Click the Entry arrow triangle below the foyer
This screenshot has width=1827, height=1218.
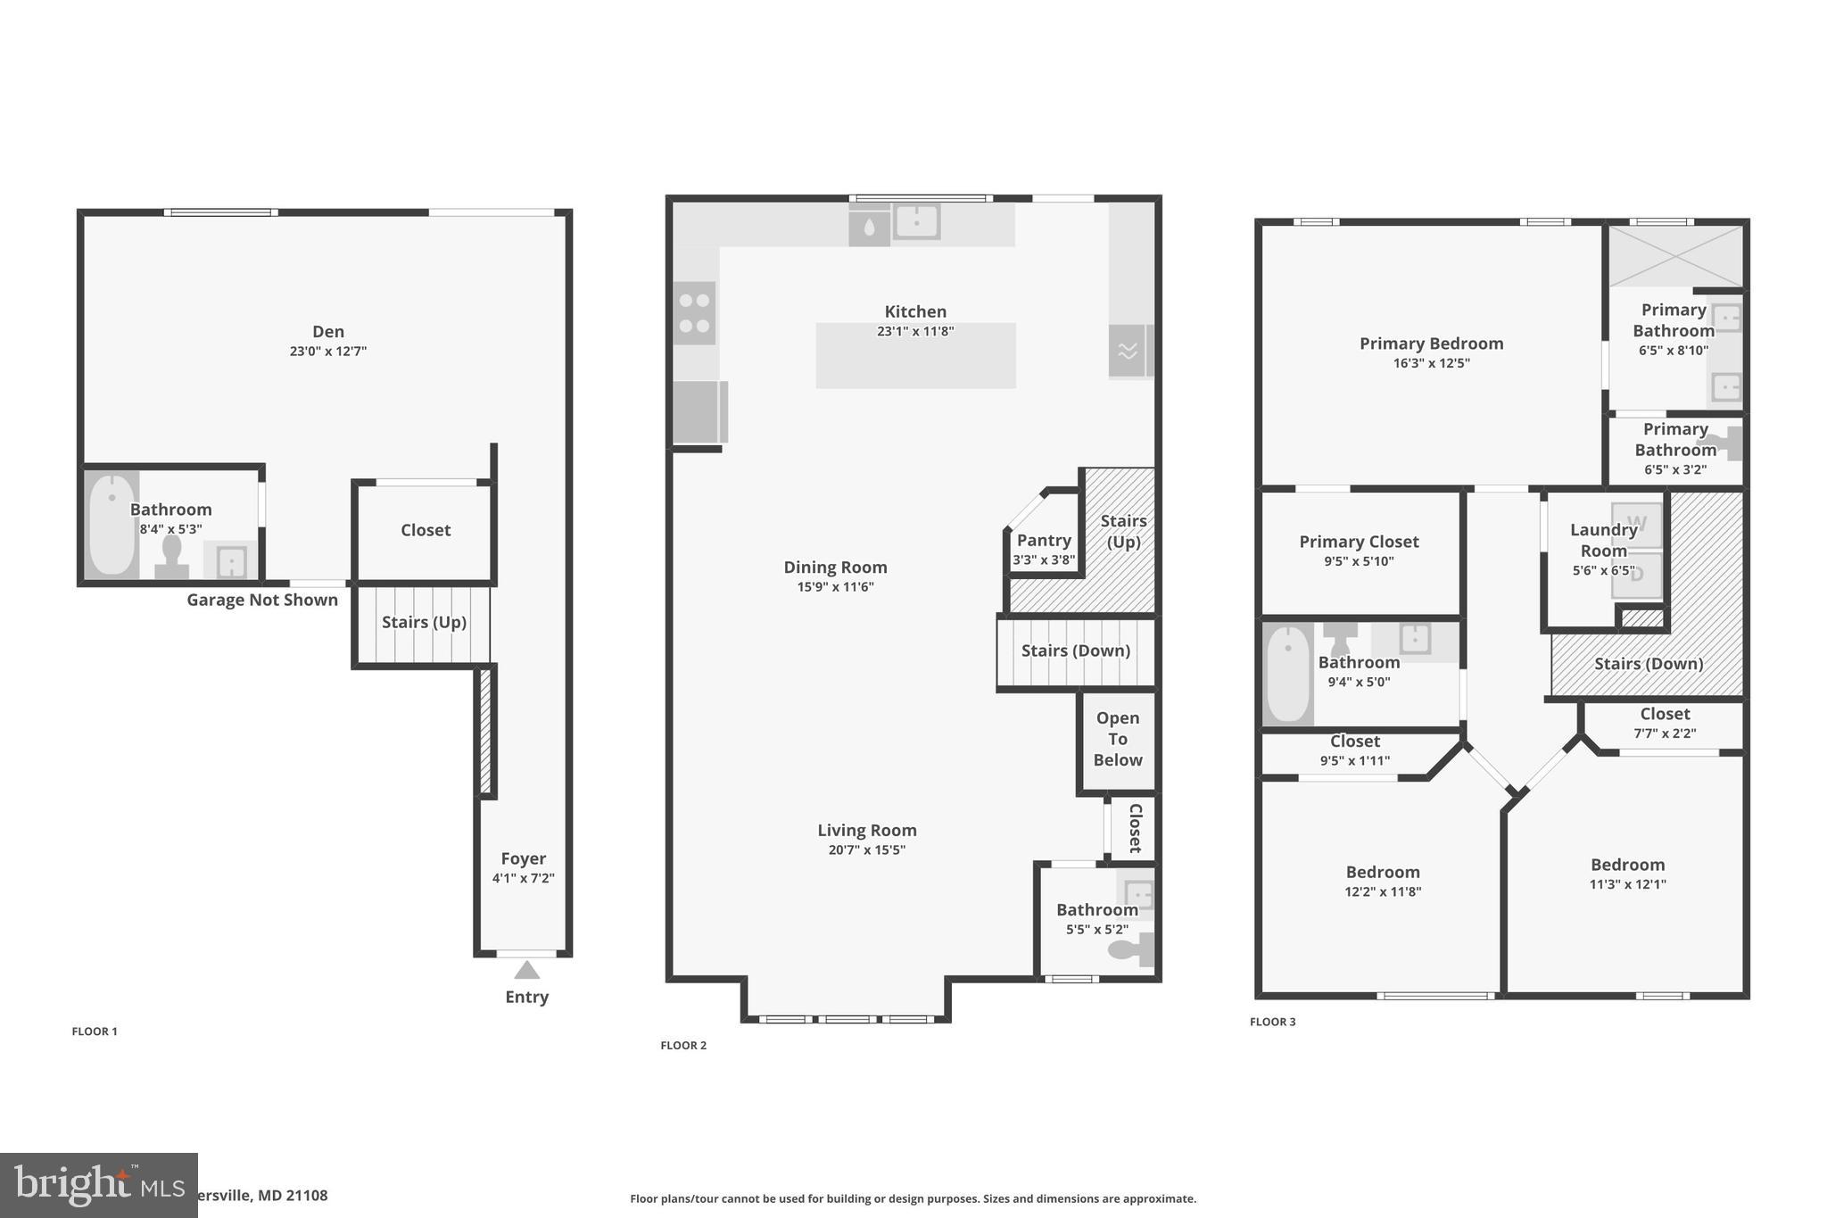[x=526, y=970]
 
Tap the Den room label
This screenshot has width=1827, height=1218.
[x=328, y=332]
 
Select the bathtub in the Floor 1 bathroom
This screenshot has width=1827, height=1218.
[x=112, y=526]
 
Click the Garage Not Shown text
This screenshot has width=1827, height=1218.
[x=261, y=601]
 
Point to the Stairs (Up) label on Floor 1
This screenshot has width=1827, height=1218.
[x=424, y=622]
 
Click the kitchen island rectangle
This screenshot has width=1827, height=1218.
[x=915, y=366]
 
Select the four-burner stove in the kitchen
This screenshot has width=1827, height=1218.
[x=694, y=313]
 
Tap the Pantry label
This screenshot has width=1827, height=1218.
[x=1044, y=541]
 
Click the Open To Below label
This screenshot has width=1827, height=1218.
[x=1117, y=739]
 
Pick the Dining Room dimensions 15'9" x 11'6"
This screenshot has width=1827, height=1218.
[x=835, y=587]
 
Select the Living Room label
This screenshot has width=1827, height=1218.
[x=866, y=831]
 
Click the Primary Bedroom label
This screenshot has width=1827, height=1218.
[x=1431, y=344]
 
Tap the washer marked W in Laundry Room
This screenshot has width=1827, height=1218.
[x=1636, y=524]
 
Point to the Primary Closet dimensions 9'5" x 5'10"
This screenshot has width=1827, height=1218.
[x=1359, y=561]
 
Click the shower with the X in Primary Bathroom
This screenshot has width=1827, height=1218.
[x=1675, y=256]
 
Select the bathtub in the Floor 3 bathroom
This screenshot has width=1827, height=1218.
[x=1286, y=675]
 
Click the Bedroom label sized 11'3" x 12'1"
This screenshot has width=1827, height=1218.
[x=1627, y=865]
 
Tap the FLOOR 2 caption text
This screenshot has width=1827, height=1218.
[x=683, y=1046]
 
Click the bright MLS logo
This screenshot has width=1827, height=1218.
[x=98, y=1185]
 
